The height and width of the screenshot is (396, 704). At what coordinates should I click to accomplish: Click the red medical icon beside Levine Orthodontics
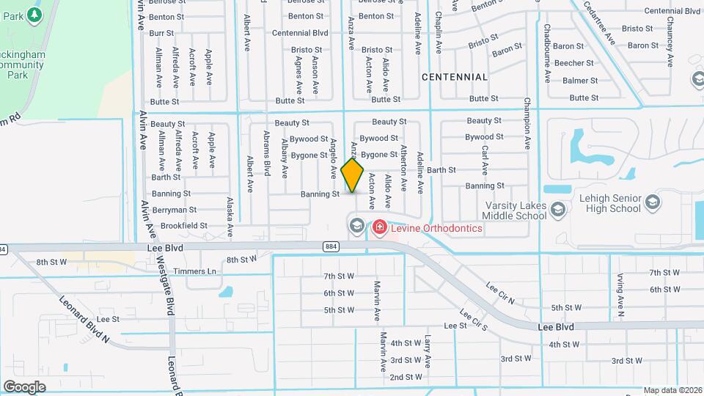[379, 227]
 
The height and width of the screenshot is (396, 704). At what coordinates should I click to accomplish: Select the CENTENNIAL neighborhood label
[455, 77]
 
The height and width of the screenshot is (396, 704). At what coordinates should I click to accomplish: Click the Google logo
[24, 386]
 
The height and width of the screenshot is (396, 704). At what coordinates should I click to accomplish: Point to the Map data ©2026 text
[672, 391]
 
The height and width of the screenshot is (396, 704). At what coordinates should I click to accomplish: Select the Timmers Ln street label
[202, 271]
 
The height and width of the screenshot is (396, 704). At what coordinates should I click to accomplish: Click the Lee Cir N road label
[500, 293]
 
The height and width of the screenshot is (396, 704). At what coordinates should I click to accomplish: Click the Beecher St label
[573, 63]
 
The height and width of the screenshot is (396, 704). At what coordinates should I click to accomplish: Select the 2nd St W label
[406, 377]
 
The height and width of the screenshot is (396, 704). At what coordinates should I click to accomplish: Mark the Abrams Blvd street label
[267, 153]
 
